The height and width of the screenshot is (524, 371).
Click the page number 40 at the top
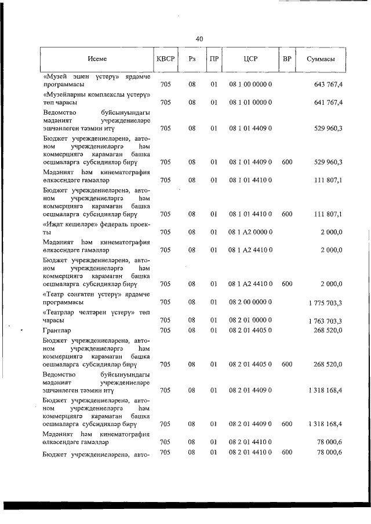[x=199, y=39]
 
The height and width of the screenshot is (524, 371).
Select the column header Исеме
[x=97, y=59]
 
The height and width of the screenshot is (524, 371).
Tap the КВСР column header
[x=165, y=59]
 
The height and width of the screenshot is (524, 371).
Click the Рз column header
[x=192, y=59]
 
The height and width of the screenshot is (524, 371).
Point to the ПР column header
[x=214, y=59]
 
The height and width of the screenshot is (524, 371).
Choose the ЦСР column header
[x=250, y=59]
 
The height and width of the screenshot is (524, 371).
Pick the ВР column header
[x=286, y=59]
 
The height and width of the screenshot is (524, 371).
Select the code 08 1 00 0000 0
[x=250, y=85]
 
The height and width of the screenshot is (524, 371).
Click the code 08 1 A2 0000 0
[x=250, y=232]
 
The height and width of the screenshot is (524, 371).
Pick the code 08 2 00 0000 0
[x=250, y=302]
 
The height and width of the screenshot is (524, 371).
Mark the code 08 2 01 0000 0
[x=250, y=320]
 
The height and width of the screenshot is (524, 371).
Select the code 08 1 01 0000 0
[x=250, y=102]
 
